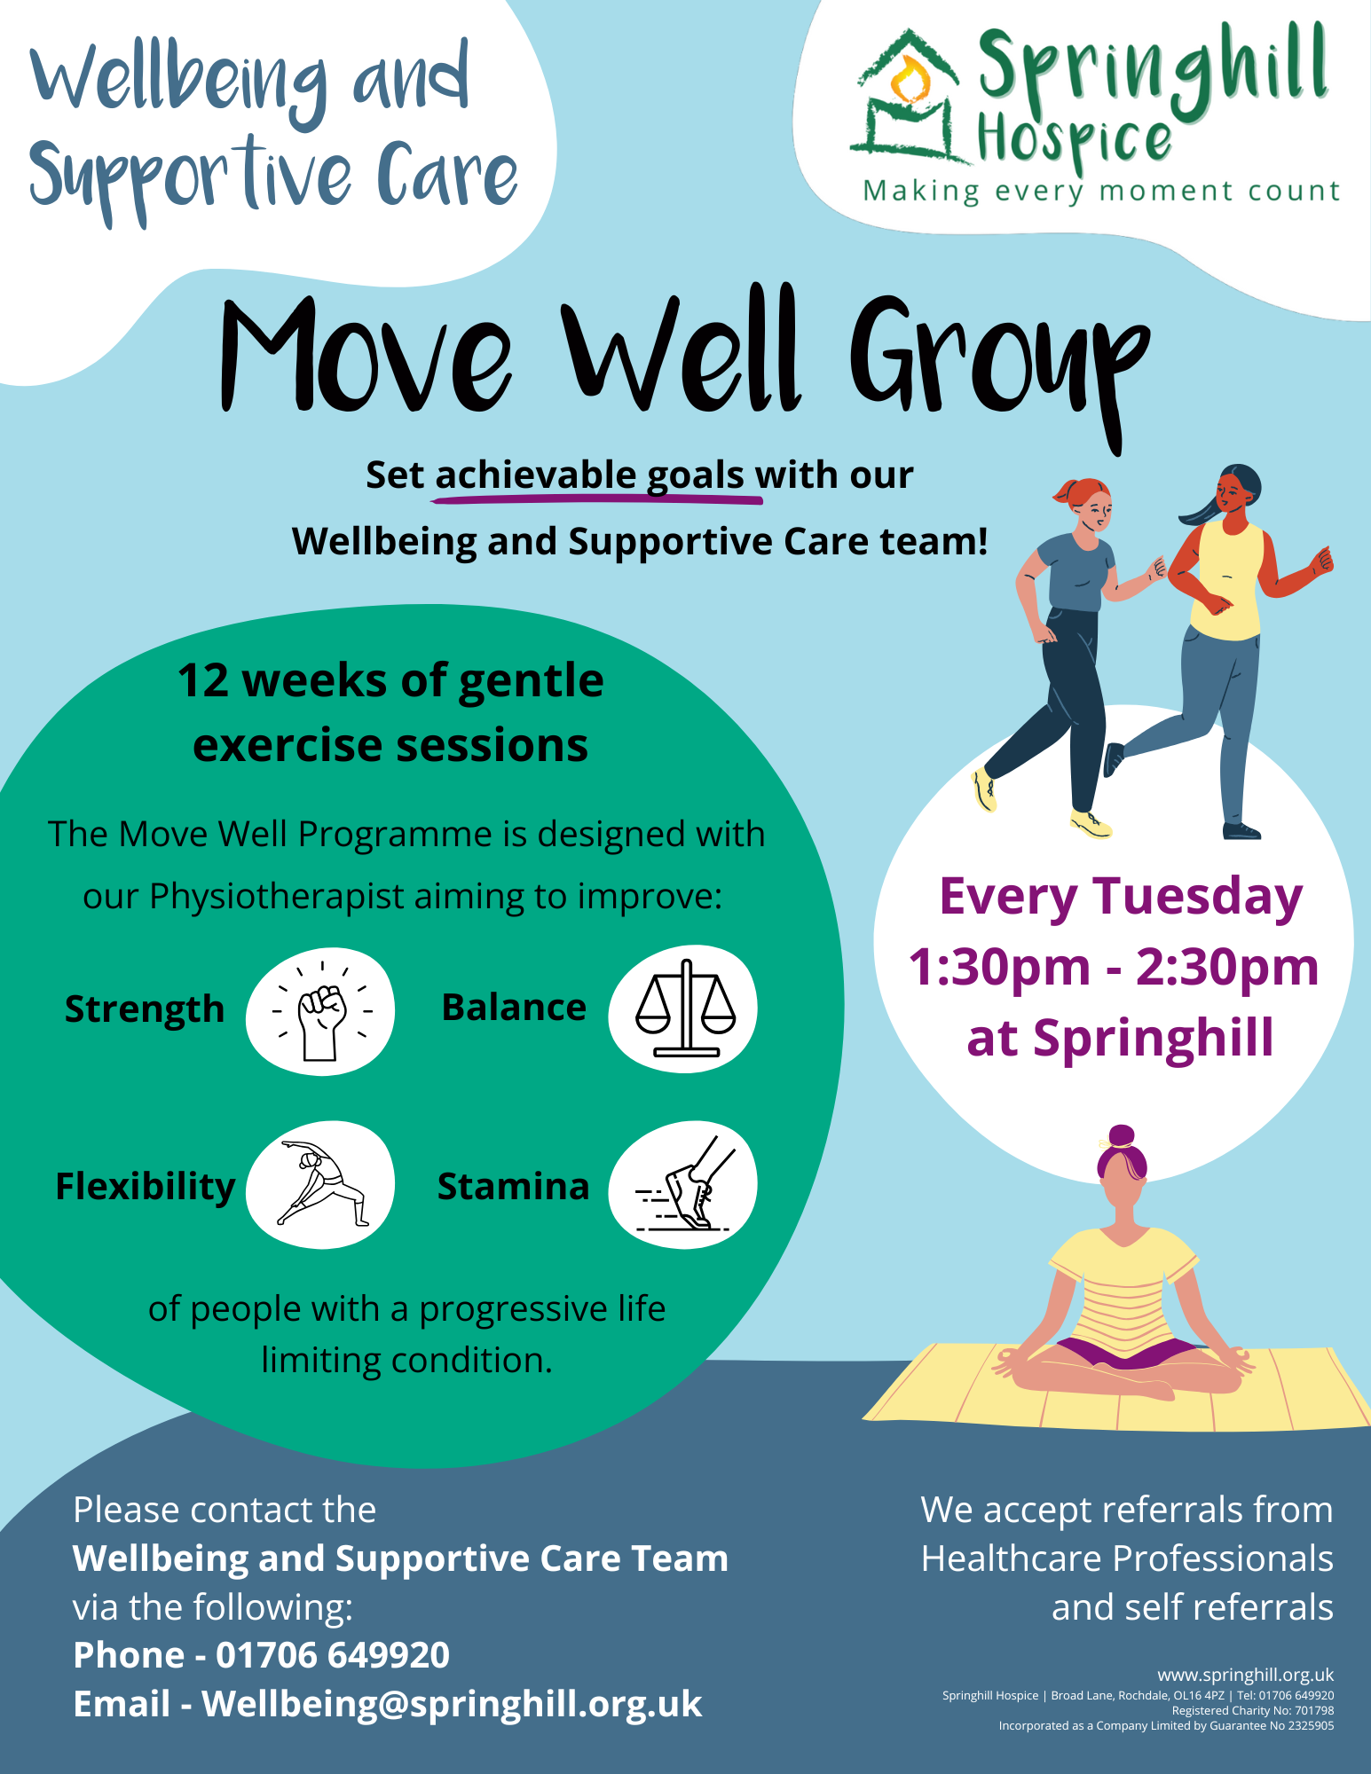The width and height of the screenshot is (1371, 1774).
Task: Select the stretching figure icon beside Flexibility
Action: coord(322,1184)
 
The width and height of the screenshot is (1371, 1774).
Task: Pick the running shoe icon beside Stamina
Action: coord(683,1185)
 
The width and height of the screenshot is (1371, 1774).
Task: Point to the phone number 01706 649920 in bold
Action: coord(333,1655)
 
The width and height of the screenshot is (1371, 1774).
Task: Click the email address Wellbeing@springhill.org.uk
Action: coord(452,1705)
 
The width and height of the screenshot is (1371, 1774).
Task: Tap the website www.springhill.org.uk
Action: coord(1245,1675)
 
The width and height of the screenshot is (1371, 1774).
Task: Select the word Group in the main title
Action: coord(998,364)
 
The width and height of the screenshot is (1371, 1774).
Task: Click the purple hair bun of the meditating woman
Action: coord(1122,1136)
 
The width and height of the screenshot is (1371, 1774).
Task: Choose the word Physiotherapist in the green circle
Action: coord(277,897)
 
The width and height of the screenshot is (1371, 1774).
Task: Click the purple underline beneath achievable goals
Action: coord(596,499)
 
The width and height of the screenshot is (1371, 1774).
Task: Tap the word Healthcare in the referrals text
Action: coord(1009,1558)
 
